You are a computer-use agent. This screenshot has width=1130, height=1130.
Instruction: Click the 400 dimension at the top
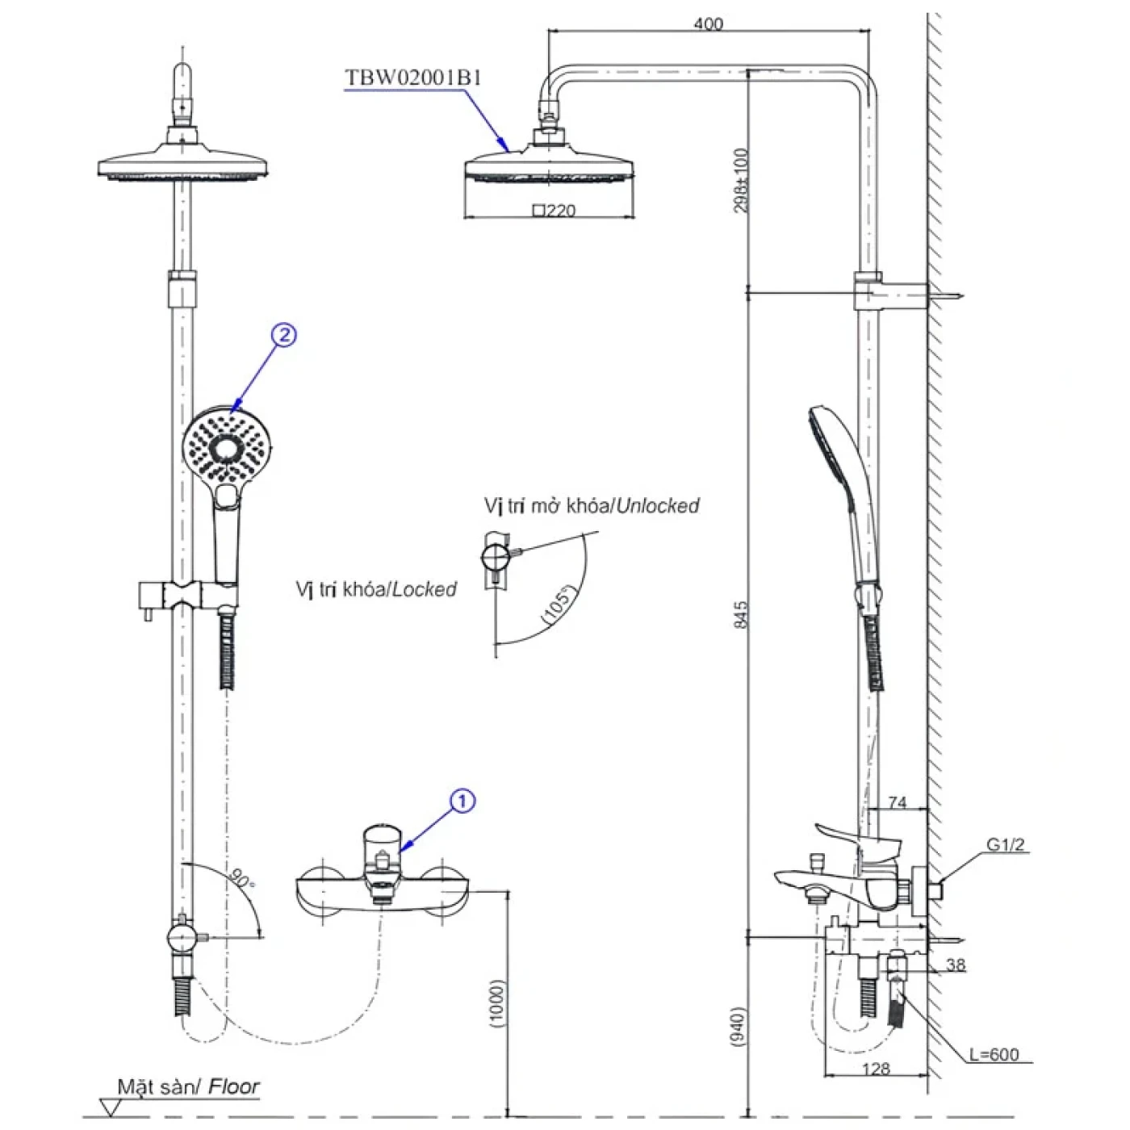pos(709,24)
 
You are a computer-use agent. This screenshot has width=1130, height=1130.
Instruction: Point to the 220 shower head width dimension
pos(555,210)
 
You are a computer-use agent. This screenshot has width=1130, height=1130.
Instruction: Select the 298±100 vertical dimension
pos(741,179)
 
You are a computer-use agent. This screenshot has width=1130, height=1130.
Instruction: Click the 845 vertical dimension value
pos(741,614)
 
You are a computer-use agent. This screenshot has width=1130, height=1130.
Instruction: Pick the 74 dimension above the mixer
pos(898,803)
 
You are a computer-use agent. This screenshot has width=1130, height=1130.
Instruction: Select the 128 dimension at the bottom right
pos(876,1069)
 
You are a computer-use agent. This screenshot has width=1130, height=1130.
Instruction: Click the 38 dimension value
pos(956,965)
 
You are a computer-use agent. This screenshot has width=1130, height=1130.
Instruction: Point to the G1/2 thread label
pos(1005,844)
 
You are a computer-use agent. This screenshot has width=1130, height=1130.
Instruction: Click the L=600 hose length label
pos(994,1054)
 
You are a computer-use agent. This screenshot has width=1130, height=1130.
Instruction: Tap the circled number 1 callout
pos(462,801)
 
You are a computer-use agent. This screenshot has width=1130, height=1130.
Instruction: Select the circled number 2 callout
pos(284,335)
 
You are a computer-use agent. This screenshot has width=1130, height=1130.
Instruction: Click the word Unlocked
pos(657,505)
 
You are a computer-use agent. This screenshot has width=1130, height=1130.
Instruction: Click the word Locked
pos(424,589)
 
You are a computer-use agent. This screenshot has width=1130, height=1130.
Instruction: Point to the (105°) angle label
pos(556,605)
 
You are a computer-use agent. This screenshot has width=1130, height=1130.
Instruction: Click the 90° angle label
pos(241,879)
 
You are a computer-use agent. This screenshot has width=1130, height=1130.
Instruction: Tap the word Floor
pos(234,1086)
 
